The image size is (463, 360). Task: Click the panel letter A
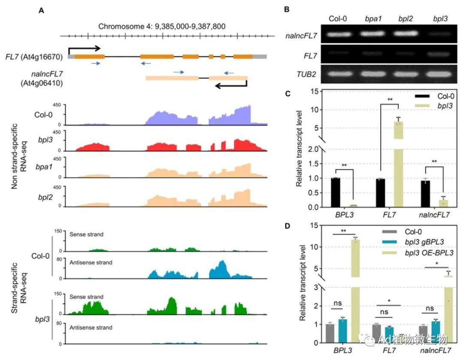coord(41,11)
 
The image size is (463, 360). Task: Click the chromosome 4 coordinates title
coord(162,27)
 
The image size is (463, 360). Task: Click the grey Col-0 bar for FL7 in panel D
coord(376,333)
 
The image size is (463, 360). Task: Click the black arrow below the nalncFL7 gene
coord(231,85)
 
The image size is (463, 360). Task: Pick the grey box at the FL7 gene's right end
coord(260,56)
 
